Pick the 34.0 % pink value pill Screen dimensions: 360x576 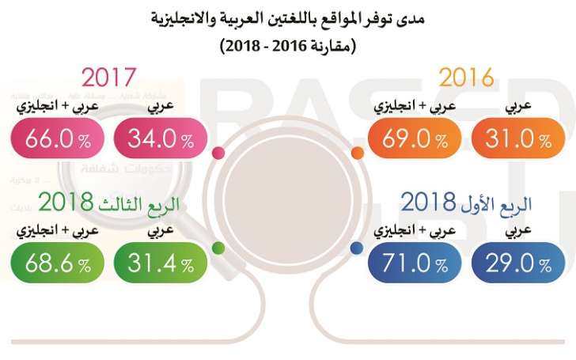(161, 140)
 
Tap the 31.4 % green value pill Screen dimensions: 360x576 (161, 262)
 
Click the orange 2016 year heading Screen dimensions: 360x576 (466, 77)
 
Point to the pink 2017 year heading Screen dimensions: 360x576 (110, 77)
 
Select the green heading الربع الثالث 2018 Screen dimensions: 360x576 (108, 203)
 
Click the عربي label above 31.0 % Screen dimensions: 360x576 (518, 106)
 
